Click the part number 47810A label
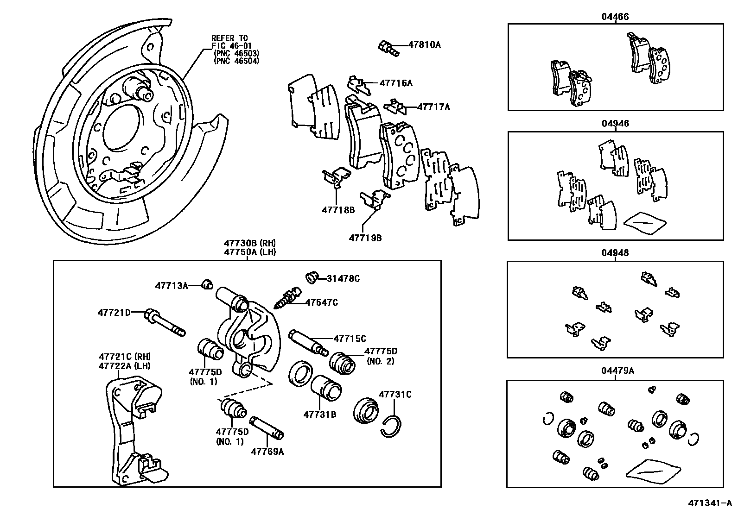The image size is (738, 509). (x=424, y=45)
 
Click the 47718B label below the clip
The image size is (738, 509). (x=338, y=210)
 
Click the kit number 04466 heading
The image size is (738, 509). (x=615, y=17)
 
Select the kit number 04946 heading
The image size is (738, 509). (x=615, y=124)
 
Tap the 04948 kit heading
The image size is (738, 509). (x=615, y=253)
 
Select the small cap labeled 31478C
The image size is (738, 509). (x=312, y=278)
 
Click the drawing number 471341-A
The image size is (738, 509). (x=709, y=502)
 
